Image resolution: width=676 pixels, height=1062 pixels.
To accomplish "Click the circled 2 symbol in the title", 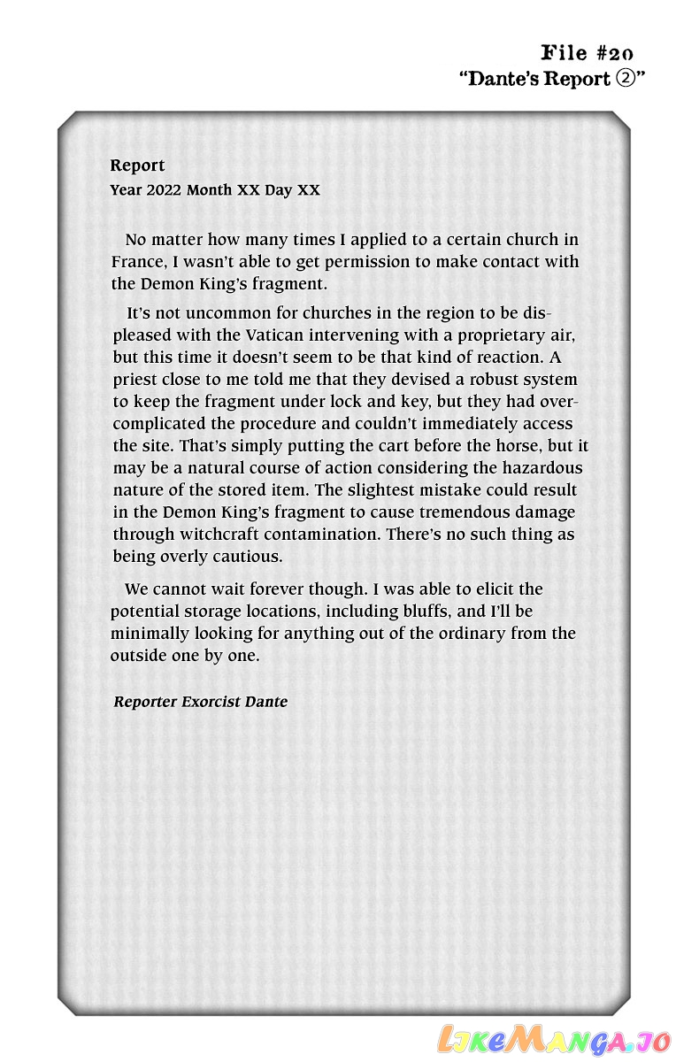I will [x=625, y=78].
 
